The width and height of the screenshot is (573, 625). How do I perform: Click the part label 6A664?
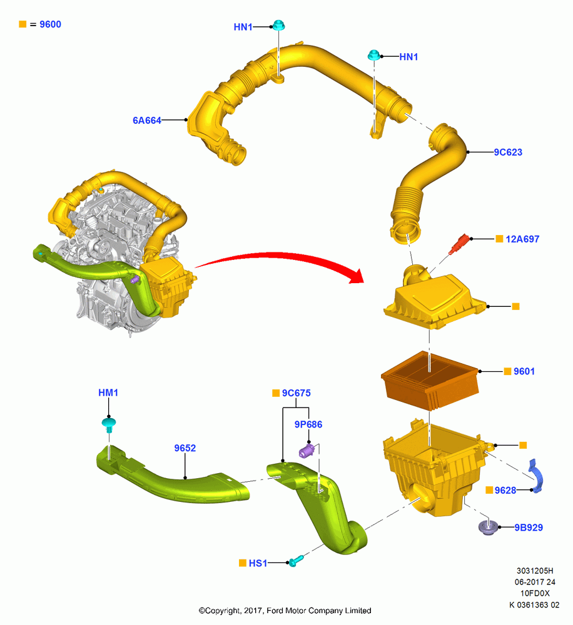[147, 121]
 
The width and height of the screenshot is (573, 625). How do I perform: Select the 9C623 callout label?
[508, 152]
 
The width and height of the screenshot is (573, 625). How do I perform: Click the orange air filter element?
[430, 380]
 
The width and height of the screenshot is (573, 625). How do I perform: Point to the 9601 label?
[524, 371]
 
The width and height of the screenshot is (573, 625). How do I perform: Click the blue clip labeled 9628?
[535, 476]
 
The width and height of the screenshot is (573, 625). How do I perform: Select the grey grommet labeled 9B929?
[489, 527]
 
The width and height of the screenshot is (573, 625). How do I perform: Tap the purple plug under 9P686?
[307, 451]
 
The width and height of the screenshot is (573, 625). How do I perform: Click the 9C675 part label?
[296, 393]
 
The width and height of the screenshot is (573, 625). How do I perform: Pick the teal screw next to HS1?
[295, 561]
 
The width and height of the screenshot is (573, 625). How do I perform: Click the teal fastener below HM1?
[109, 425]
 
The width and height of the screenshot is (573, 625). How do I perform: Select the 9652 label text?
[185, 448]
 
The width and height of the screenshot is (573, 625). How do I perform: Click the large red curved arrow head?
[357, 276]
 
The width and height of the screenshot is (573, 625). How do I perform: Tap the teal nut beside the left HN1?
[278, 25]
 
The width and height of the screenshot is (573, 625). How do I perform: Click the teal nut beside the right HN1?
[373, 55]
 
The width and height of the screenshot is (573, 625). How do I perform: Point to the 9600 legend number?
[50, 24]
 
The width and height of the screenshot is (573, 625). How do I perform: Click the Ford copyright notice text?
[285, 611]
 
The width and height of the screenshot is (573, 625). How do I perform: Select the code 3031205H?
[535, 571]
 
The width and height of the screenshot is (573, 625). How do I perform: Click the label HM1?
[108, 392]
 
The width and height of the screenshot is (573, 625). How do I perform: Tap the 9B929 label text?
[529, 527]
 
